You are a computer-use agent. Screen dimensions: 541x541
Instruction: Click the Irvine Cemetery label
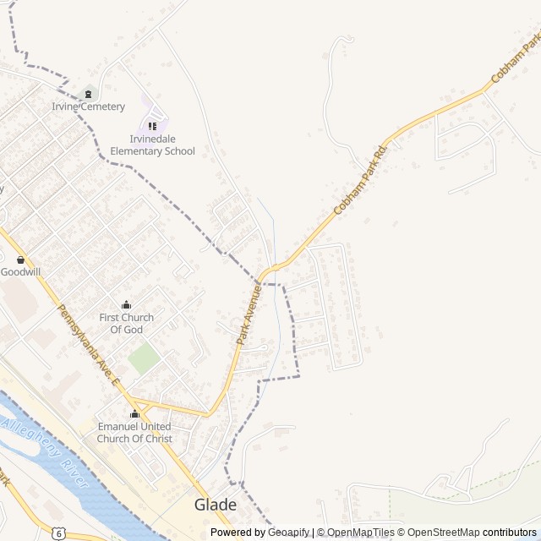[x=88, y=107]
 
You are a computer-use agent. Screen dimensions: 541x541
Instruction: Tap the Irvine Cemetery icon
[x=88, y=94]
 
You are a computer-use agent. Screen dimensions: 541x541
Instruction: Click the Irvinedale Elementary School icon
[x=152, y=126]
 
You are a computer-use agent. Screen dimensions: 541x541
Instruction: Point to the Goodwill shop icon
[x=20, y=260]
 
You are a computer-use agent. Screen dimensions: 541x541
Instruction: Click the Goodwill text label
[x=20, y=272]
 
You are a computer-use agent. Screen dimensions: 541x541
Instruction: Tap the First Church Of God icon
[x=127, y=305]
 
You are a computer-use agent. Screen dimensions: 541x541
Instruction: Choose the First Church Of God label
[x=127, y=324]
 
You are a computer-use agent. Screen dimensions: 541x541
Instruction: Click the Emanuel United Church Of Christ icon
[x=134, y=414]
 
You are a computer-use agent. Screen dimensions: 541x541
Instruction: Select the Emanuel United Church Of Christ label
[x=134, y=433]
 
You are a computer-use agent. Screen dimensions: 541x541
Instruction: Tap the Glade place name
[x=216, y=505]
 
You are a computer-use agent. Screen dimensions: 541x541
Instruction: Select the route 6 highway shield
[x=57, y=533]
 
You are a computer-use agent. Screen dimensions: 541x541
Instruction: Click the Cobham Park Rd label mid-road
[x=362, y=179]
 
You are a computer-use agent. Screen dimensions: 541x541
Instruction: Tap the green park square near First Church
[x=144, y=358]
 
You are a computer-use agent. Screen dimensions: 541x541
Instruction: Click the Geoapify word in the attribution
[x=288, y=533]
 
